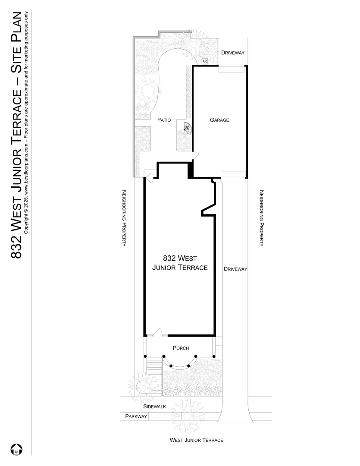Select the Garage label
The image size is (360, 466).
pos(219,120)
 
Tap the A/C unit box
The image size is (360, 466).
pos(205,61)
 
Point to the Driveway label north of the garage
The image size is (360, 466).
pos(233,53)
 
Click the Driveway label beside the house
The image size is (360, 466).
pos(235,269)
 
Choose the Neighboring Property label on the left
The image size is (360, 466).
pos(124,218)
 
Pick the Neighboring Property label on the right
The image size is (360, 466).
pos(261,218)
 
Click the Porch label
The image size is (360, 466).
pos(181,348)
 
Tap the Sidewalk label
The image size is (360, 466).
pos(154,406)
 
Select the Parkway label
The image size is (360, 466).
pos(136,416)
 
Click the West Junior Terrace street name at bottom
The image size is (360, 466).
pos(196,440)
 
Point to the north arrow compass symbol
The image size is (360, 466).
pos(16,449)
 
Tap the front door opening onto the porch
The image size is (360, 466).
pos(156,333)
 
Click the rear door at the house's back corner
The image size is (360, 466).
pos(149,176)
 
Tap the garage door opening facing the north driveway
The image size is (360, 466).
pos(231,68)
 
